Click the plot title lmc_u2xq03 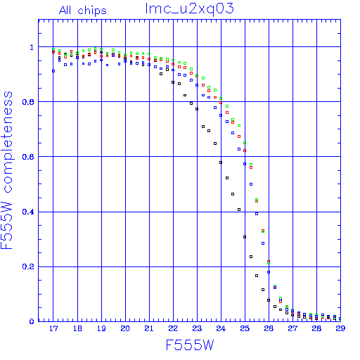tap(190, 9)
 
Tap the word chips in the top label tap(92, 11)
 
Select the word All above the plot tap(65, 10)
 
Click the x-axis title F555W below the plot tap(190, 345)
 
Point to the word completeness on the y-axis tap(8, 142)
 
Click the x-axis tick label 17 tap(53, 328)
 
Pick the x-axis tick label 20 tap(125, 328)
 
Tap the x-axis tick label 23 tap(197, 328)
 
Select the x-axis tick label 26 tap(269, 328)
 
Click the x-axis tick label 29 tap(340, 328)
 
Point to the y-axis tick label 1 tap(32, 47)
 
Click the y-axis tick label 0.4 tap(28, 212)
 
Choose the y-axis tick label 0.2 tap(28, 266)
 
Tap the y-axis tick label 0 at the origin tap(32, 321)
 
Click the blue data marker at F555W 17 tap(53, 71)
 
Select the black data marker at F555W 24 tap(221, 162)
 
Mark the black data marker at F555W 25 tap(245, 237)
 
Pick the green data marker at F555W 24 tap(221, 98)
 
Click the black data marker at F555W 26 tap(269, 300)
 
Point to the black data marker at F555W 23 tap(197, 109)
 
